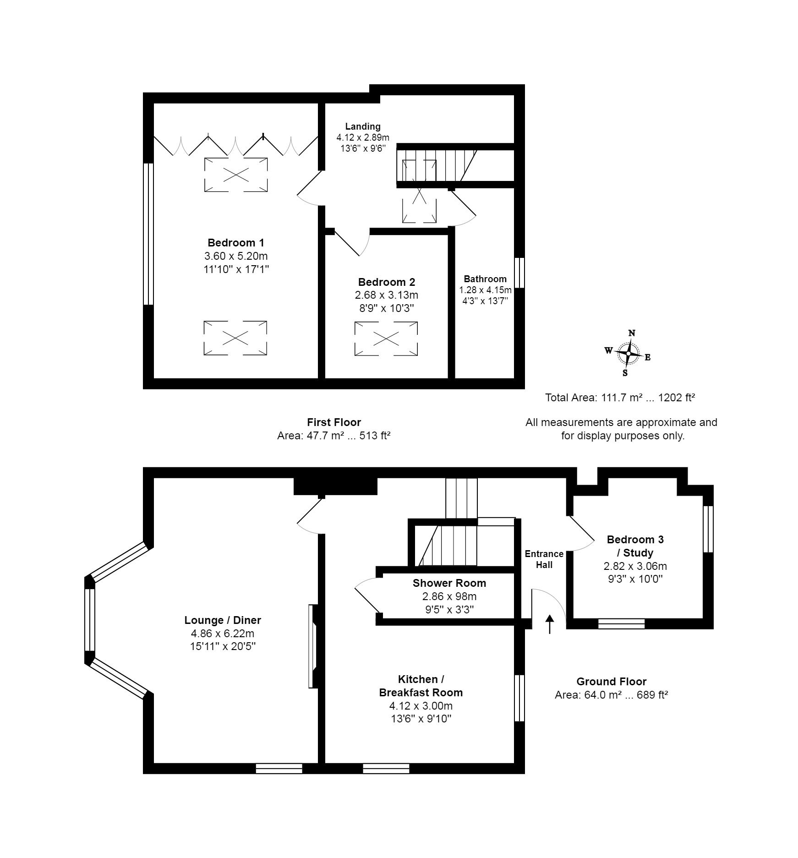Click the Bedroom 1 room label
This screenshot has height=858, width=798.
tap(235, 243)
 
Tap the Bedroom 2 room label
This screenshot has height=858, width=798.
tap(386, 282)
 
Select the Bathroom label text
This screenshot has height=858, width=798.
tap(485, 279)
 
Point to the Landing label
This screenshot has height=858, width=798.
tap(363, 126)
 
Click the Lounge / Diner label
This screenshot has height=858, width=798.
tap(223, 620)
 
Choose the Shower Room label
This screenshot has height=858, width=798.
tap(449, 583)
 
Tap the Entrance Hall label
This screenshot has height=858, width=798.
tap(544, 559)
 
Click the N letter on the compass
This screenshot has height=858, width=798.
tap(632, 333)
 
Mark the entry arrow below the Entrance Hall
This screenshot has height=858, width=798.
tap(550, 624)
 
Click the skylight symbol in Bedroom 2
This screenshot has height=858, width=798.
tap(386, 339)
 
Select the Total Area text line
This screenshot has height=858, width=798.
tap(620, 398)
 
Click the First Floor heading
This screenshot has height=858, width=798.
tap(334, 422)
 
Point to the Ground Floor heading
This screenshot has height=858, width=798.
tap(611, 682)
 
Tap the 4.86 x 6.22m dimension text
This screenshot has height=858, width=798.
tap(223, 634)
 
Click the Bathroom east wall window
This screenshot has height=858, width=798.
tap(519, 273)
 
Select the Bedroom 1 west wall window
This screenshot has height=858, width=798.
tap(148, 234)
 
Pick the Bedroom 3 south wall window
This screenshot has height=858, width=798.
tap(622, 624)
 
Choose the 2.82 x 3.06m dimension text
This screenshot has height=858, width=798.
tap(635, 566)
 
